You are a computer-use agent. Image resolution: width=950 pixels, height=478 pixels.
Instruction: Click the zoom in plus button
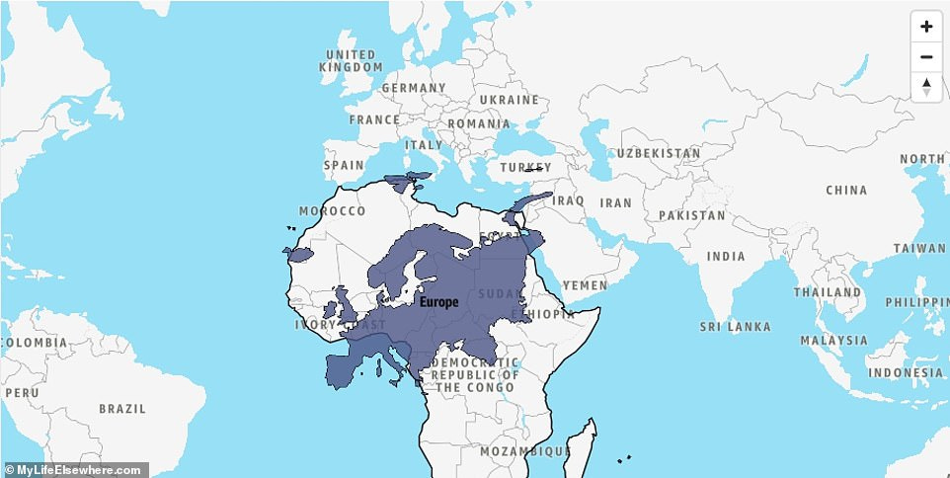(x=925, y=27)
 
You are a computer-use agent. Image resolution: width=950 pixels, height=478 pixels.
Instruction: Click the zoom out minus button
(x=925, y=56)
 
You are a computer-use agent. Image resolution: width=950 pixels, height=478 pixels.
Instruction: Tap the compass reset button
(x=925, y=86)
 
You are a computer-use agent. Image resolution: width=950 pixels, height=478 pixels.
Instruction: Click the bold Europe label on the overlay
(x=438, y=302)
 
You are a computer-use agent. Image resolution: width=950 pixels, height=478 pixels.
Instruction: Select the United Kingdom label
(x=351, y=60)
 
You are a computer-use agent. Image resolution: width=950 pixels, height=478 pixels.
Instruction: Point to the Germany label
(x=414, y=88)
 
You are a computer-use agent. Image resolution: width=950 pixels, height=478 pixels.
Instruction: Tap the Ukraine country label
(x=509, y=100)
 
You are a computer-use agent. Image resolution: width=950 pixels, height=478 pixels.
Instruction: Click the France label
(x=374, y=120)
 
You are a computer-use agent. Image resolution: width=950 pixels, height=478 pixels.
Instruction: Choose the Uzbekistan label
(x=659, y=154)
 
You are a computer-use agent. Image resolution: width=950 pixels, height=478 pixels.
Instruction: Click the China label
(x=846, y=190)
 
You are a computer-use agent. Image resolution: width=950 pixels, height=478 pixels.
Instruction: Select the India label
(x=726, y=257)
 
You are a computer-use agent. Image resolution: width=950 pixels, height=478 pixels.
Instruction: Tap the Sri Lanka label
(x=734, y=326)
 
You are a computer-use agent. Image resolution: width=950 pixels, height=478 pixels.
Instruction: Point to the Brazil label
(x=121, y=408)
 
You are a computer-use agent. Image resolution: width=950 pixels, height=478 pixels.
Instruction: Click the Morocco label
(x=332, y=211)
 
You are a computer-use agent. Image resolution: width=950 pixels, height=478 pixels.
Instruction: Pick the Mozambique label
(x=524, y=451)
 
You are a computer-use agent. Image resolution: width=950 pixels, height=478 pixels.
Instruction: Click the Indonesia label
(x=907, y=373)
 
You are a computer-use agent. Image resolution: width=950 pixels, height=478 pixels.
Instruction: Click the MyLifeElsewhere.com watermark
(x=74, y=470)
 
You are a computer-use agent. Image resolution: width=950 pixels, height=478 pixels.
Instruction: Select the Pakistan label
(x=691, y=215)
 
